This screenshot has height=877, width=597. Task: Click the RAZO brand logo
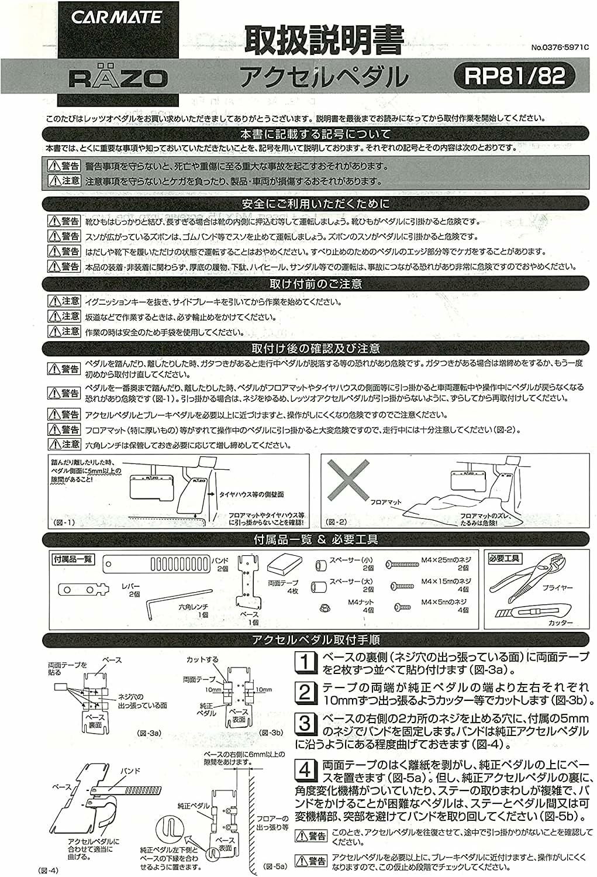click(118, 77)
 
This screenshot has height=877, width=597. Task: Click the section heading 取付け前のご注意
click(315, 284)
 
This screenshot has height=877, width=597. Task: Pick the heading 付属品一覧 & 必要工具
click(316, 539)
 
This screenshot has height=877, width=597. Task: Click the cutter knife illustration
click(521, 614)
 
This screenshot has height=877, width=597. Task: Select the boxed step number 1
click(305, 663)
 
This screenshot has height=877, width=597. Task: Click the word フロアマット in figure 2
click(386, 502)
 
